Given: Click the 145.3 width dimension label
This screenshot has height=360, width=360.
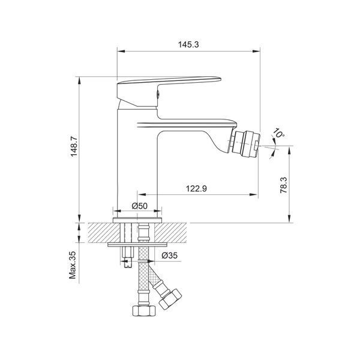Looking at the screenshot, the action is click(188, 44).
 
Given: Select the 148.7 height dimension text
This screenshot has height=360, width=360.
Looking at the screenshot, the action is click(74, 146).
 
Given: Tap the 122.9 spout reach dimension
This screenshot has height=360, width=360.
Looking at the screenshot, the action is click(196, 188).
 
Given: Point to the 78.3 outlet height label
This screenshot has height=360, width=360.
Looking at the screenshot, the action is click(284, 185).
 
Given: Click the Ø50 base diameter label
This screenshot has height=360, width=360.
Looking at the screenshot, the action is click(140, 206).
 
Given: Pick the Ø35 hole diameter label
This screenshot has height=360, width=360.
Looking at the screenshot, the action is click(169, 255).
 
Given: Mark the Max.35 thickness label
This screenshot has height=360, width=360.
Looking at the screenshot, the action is click(73, 265).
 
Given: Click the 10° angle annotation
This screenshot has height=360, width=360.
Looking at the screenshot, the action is click(279, 133).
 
